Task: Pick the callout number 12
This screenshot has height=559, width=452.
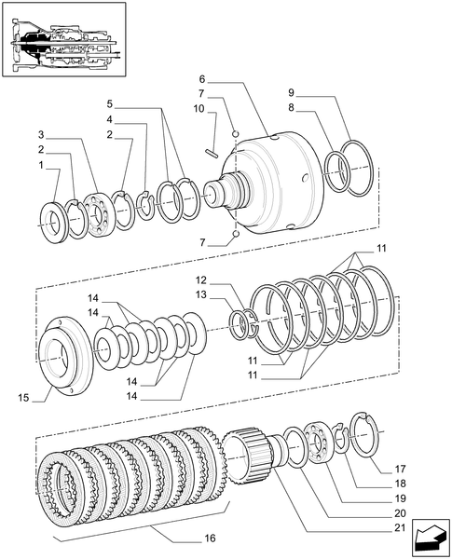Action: click(x=200, y=279)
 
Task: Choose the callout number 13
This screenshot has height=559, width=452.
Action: click(x=200, y=295)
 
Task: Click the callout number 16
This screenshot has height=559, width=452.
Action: click(x=210, y=539)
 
